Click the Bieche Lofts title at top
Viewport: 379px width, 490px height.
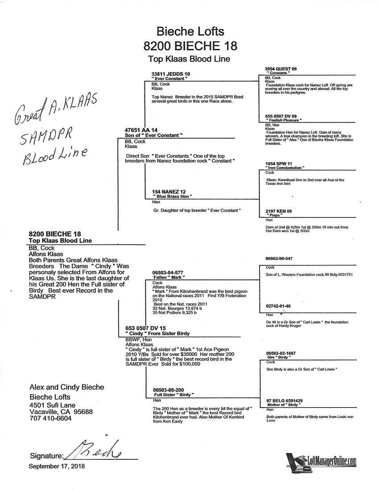pyautogui.click(x=190, y=32)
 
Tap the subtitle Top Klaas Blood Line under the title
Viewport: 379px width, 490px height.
pyautogui.click(x=189, y=58)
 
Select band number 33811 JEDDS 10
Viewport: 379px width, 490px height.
pyautogui.click(x=171, y=73)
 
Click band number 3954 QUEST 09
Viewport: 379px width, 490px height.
pyautogui.click(x=280, y=69)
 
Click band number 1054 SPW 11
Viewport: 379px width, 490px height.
pyautogui.click(x=279, y=163)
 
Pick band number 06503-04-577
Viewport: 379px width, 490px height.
pyautogui.click(x=168, y=272)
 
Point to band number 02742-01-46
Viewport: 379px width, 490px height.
pyautogui.click(x=278, y=306)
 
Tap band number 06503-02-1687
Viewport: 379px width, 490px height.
pyautogui.click(x=281, y=353)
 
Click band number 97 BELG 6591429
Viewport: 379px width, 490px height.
pyautogui.click(x=284, y=400)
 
